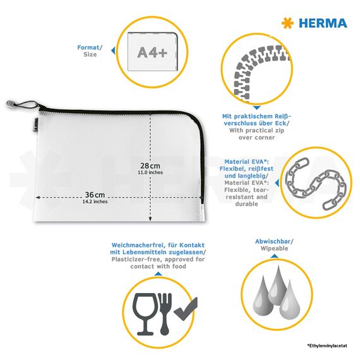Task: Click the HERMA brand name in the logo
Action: pyautogui.click(x=323, y=23)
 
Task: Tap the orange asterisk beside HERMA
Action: pyautogui.click(x=287, y=23)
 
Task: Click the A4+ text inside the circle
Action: pyautogui.click(x=152, y=52)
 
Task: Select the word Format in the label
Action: pyautogui.click(x=88, y=47)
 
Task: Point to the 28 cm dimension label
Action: pyautogui.click(x=150, y=165)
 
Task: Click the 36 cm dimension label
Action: pyautogui.click(x=95, y=195)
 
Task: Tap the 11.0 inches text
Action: pyautogui.click(x=150, y=172)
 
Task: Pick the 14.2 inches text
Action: pyautogui.click(x=95, y=201)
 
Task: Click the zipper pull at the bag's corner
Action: pyautogui.click(x=10, y=104)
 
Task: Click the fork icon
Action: pyautogui.click(x=165, y=314)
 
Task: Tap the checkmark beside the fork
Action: pyautogui.click(x=186, y=309)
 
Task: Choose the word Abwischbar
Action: pyautogui.click(x=273, y=241)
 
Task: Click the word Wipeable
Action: pyautogui.click(x=274, y=248)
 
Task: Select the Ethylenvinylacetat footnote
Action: pyautogui.click(x=327, y=345)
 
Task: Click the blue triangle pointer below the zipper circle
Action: pyautogui.click(x=256, y=107)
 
